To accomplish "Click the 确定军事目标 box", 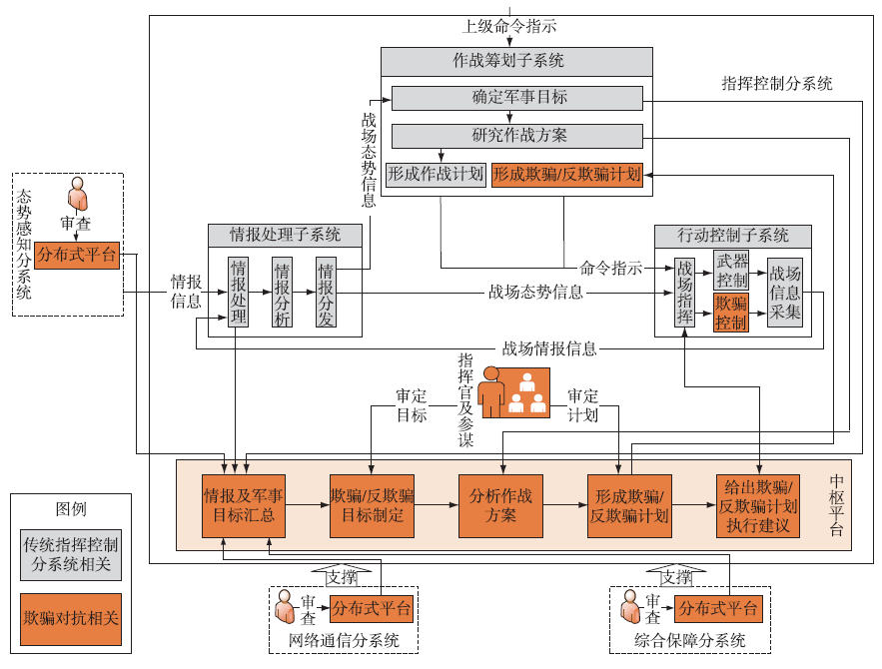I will [x=516, y=98].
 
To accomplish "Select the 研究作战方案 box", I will [x=516, y=136].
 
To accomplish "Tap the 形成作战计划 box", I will [x=436, y=174].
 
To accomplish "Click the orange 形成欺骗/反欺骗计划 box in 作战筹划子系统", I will [x=566, y=174].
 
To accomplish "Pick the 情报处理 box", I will [x=238, y=292].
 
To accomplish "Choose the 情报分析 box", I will [x=282, y=292].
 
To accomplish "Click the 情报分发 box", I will [x=326, y=292].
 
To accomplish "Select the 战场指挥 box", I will [x=684, y=293].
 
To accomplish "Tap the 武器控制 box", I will [x=731, y=270].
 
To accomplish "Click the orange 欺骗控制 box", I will [x=731, y=313].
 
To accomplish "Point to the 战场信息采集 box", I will [x=785, y=293].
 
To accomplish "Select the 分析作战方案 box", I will [x=499, y=505].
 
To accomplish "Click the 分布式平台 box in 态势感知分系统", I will [x=78, y=255].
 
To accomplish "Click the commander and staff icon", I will [x=514, y=391].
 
